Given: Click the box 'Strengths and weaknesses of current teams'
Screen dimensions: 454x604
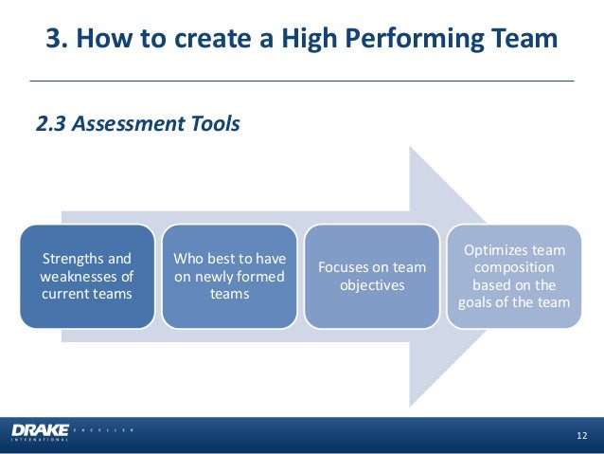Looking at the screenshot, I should click(x=87, y=276).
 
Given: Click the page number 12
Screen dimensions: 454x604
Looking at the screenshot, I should click(x=581, y=435).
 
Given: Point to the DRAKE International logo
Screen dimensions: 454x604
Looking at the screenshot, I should click(x=40, y=432).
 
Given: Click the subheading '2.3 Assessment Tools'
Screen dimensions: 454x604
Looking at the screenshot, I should click(x=137, y=123).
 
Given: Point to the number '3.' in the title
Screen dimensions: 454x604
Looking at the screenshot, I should click(x=58, y=40).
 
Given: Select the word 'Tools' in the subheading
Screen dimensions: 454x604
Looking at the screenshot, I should click(x=215, y=123).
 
